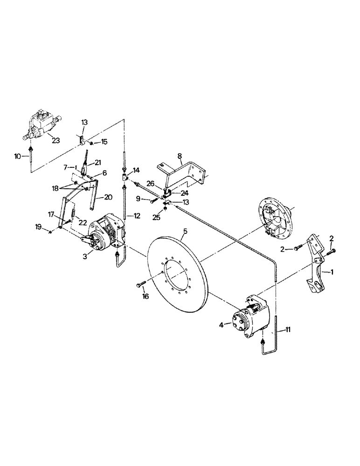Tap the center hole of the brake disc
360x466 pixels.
click(x=178, y=270)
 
